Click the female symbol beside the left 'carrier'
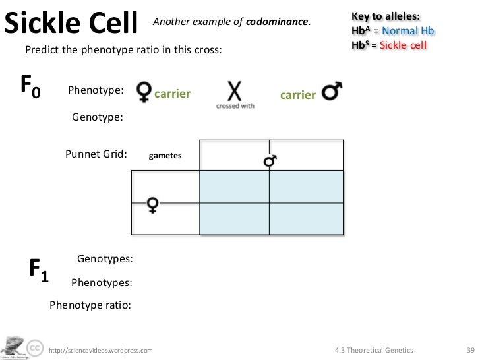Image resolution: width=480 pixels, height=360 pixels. coord(143,92)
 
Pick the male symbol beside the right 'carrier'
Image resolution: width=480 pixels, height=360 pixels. coord(331,93)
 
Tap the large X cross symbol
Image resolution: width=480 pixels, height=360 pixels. coord(235,90)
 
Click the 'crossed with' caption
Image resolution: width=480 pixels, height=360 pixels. coord(235,106)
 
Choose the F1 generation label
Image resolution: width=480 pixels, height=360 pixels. coord(38,271)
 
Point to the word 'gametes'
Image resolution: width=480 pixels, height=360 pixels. coord(165,156)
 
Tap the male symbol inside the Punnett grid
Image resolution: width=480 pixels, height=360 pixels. coord(270,160)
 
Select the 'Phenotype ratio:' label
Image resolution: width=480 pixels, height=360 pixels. coord(90,305)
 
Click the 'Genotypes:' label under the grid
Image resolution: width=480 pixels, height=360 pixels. coord(105,260)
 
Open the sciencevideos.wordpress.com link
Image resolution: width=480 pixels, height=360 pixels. coord(101,349)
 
